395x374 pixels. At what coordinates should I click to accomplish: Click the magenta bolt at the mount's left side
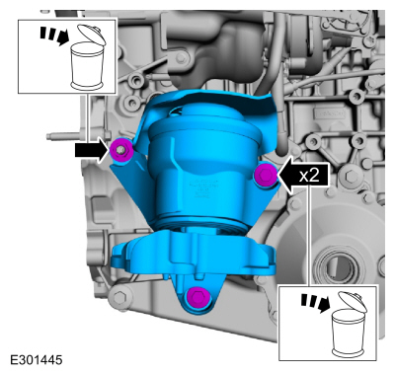pyautogui.click(x=121, y=150)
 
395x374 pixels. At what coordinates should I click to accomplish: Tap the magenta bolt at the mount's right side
pyautogui.click(x=266, y=175)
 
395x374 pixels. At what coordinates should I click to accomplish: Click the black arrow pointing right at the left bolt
pyautogui.click(x=92, y=151)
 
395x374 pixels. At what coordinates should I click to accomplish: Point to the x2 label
pyautogui.click(x=310, y=176)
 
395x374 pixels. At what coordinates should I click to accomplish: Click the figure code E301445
pyautogui.click(x=37, y=360)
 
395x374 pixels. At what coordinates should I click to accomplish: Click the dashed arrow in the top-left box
pyautogui.click(x=52, y=36)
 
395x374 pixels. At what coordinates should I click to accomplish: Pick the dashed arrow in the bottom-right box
pyautogui.click(x=315, y=303)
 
